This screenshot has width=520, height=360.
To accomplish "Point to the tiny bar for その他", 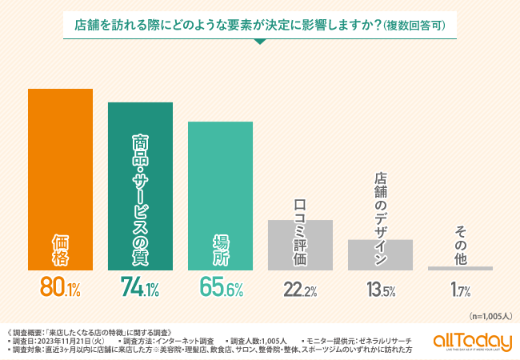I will coord(460,268).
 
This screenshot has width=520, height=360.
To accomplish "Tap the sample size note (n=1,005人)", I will coord(487,316).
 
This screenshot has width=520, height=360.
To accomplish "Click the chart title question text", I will coord(232,24).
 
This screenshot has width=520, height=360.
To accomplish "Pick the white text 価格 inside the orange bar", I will coord(60,248).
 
